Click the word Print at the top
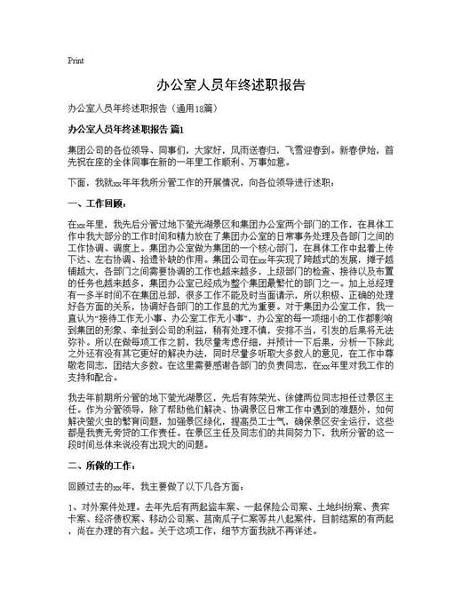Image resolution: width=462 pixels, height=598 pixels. pos(76,60)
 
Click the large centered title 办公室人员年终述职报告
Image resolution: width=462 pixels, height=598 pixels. pos(231,86)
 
